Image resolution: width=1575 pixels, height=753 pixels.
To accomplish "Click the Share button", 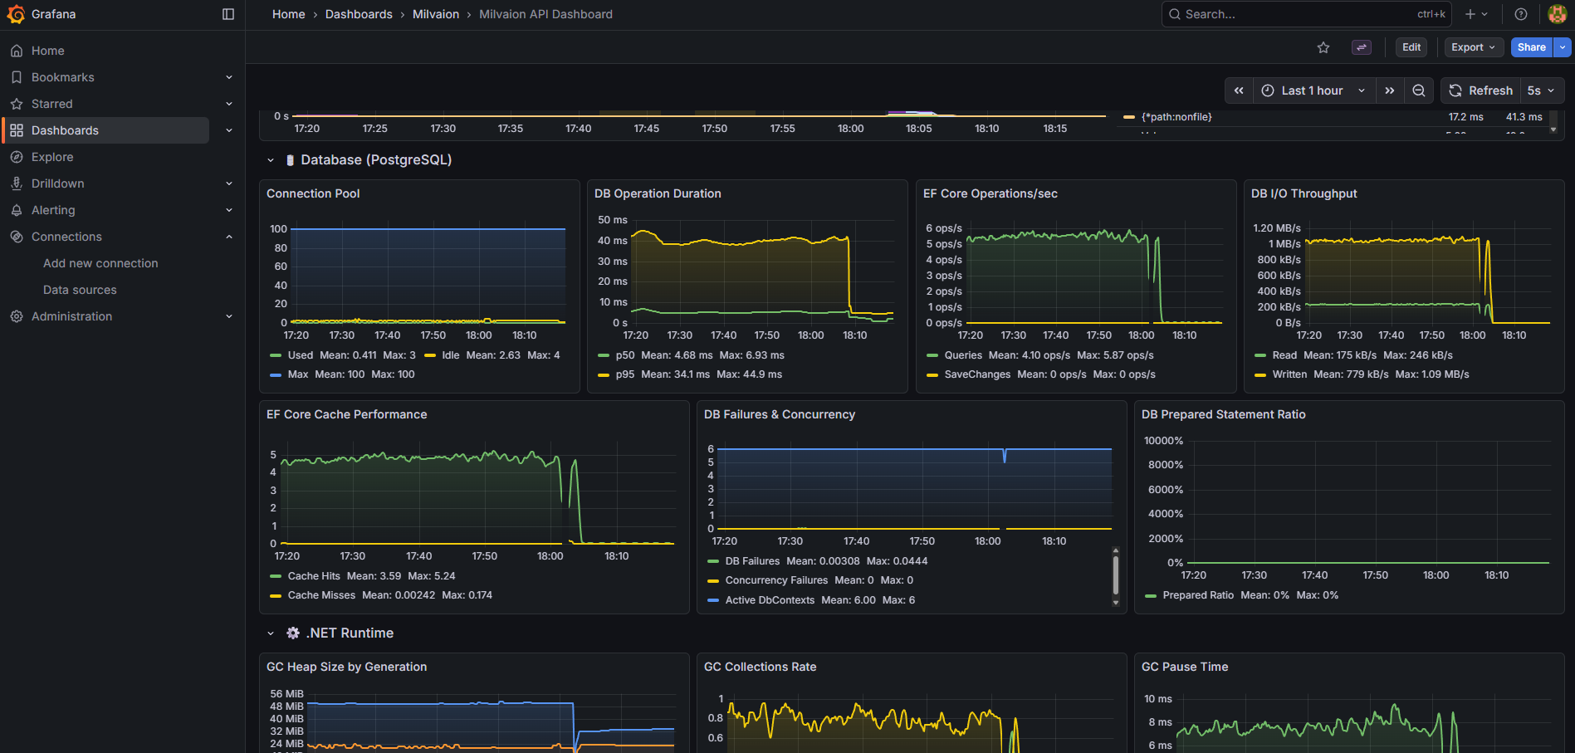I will pos(1531,47).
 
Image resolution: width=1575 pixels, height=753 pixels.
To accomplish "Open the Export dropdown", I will pos(1473,47).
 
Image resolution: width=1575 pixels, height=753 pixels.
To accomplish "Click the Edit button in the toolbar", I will pos(1411,47).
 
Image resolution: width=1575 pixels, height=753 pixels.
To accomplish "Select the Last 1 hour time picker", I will pos(1313,90).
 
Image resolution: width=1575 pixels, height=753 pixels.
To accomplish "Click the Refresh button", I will pos(1481,90).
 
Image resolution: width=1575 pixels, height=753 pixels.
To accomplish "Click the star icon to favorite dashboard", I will pos(1323,48).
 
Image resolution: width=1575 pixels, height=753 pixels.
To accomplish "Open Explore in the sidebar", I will pos(52,157).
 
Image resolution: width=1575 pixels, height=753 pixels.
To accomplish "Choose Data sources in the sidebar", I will pos(80,290).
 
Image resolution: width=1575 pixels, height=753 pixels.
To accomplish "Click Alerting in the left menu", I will pos(53,210).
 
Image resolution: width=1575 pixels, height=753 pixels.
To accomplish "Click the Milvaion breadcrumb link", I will pos(436,14).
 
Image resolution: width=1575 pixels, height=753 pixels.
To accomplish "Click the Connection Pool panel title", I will pos(313,193).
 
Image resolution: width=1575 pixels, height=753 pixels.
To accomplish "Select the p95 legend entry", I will pos(624,374).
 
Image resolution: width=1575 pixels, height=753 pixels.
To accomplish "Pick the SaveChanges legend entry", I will pos(977,374).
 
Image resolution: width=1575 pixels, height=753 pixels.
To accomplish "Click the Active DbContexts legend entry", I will pos(770,600).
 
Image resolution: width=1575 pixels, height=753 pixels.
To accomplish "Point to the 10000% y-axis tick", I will pos(1163,441).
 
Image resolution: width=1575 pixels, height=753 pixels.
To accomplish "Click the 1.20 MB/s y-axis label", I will pos(1276,228).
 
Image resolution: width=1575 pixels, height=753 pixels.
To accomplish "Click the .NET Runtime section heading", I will pos(350,633).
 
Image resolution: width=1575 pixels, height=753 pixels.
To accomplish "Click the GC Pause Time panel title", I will pos(1185,667).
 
